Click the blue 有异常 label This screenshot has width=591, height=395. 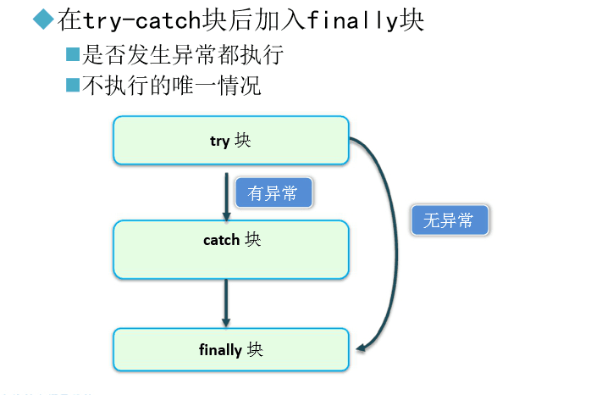point(273,193)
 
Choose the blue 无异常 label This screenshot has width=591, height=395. point(449,221)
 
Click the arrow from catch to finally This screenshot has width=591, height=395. point(226,302)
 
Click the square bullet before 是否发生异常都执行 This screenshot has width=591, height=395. point(73,55)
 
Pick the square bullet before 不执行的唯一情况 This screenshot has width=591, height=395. point(73,85)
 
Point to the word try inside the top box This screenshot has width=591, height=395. point(219,141)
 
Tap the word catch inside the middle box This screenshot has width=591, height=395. point(221,240)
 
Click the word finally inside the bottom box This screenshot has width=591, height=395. point(220,349)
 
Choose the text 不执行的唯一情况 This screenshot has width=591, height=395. point(182,86)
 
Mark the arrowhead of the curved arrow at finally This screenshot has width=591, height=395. point(362,346)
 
